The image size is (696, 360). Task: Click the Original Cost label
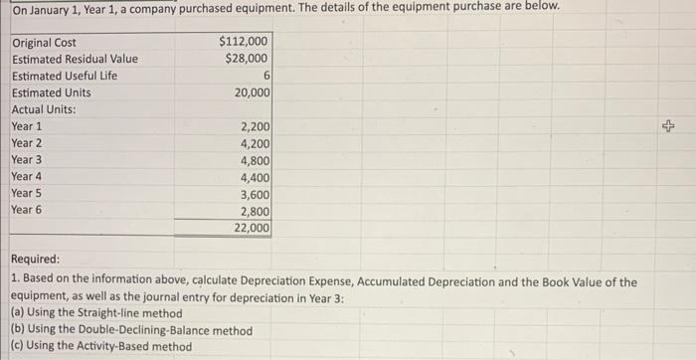tap(44, 43)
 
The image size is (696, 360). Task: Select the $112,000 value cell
tap(243, 43)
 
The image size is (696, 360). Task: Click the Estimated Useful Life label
tap(65, 76)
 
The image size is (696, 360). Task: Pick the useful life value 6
tap(264, 76)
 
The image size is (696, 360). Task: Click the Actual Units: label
tap(44, 109)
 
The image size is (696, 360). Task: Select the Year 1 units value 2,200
tap(255, 126)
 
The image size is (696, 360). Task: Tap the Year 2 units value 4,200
tap(255, 143)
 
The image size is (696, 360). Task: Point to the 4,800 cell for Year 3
tap(255, 160)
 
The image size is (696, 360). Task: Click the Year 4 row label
tap(27, 176)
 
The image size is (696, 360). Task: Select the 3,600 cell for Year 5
tap(255, 193)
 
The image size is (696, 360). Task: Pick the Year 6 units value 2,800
tap(255, 210)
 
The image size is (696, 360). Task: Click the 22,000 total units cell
tap(252, 228)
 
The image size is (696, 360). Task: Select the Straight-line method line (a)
tap(96, 312)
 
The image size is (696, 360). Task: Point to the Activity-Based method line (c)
tap(100, 346)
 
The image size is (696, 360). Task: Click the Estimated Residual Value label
tap(75, 59)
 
